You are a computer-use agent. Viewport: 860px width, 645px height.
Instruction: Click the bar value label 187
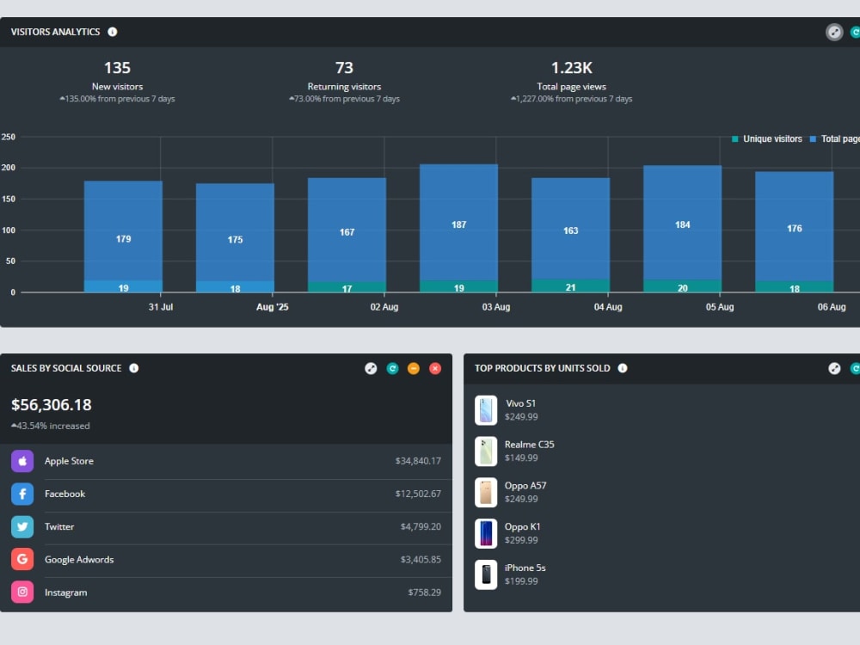click(x=458, y=224)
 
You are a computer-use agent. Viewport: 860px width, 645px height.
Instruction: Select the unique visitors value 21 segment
click(x=570, y=286)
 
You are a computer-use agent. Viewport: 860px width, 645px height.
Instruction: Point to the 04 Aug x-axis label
click(x=608, y=307)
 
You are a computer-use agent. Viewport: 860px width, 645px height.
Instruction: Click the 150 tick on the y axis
click(x=9, y=200)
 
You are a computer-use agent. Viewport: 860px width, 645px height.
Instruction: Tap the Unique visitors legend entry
click(x=767, y=138)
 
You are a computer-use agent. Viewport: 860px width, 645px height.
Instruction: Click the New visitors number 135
click(x=117, y=67)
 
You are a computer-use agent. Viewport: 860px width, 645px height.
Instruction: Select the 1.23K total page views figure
click(x=572, y=67)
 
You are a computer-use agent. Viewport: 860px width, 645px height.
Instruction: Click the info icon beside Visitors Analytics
click(x=113, y=32)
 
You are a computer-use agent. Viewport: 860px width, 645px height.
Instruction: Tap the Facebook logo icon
click(x=22, y=494)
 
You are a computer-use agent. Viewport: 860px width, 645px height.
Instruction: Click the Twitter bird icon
click(x=22, y=526)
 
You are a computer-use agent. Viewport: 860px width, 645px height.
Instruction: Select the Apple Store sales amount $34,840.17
click(x=418, y=461)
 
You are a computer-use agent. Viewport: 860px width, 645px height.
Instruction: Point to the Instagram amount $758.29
click(x=425, y=593)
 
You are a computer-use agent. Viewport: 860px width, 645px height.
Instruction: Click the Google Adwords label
click(x=79, y=560)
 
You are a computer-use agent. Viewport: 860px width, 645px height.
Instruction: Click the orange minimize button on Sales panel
click(x=414, y=369)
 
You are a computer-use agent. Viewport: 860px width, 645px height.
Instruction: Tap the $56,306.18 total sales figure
click(x=52, y=405)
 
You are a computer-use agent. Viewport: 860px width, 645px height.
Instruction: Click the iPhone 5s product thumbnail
click(x=486, y=574)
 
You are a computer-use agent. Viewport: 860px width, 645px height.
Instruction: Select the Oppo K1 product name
click(x=522, y=526)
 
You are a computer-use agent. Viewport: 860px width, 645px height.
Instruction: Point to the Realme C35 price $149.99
click(x=521, y=458)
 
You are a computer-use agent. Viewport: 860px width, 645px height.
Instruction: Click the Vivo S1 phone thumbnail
click(x=486, y=409)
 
